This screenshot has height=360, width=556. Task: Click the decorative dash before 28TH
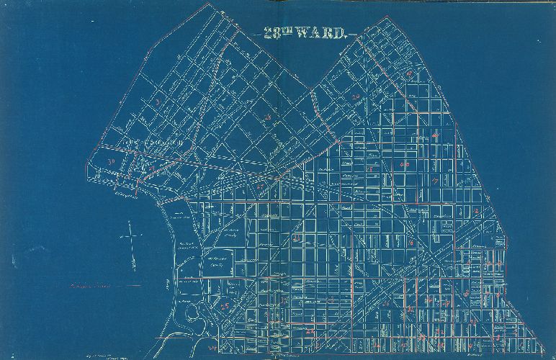tap(256, 34)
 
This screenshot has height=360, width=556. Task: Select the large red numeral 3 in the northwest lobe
tap(156, 102)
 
